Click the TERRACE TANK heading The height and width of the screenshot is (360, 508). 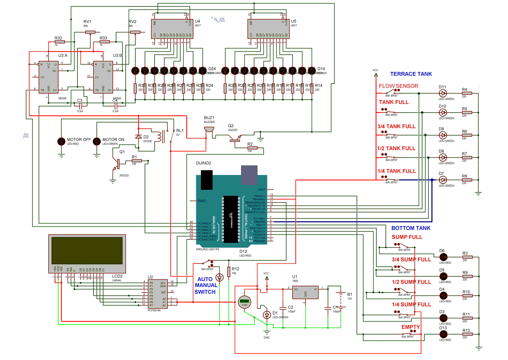[x=411, y=74]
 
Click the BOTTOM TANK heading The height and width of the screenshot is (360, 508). [x=411, y=228]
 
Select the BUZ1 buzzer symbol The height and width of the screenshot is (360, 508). [x=209, y=129]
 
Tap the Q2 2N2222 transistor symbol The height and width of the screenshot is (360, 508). [x=234, y=138]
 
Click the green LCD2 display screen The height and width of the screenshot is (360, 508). [x=87, y=250]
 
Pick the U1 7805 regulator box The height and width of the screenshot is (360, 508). [x=305, y=292]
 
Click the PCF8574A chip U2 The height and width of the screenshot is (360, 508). [x=158, y=294]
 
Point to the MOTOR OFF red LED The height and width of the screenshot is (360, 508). [x=62, y=141]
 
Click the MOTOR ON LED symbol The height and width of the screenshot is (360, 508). [x=97, y=141]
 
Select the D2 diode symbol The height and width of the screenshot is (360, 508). [x=139, y=137]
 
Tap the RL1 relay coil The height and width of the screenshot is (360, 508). [x=159, y=136]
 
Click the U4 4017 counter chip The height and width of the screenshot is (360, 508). [x=172, y=29]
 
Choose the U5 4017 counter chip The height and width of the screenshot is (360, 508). [x=268, y=29]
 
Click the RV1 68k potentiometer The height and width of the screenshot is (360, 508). [x=88, y=32]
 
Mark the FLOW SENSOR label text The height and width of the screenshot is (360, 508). [x=399, y=86]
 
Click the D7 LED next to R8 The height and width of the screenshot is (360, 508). [x=443, y=180]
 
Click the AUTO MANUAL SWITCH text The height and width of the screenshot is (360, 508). [x=206, y=285]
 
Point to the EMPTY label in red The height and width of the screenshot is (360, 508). [x=410, y=327]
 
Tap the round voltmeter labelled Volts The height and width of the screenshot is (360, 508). [x=244, y=302]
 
